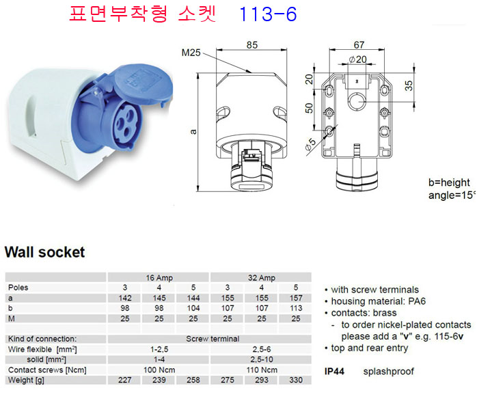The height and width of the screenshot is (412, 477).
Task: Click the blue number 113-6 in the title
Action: click(268, 14)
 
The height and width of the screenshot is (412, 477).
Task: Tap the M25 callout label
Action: click(191, 53)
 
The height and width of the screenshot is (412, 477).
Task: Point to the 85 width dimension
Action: click(252, 45)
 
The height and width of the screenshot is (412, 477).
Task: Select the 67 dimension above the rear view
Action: click(359, 45)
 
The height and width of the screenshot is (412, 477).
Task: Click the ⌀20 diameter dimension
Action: click(358, 59)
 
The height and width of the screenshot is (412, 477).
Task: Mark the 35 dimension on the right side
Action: click(409, 85)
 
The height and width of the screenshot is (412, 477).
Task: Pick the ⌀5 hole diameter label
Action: click(311, 144)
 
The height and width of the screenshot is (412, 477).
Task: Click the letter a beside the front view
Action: click(193, 132)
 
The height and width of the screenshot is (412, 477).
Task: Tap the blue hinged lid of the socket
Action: click(143, 83)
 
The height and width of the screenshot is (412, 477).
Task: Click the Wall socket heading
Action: click(44, 252)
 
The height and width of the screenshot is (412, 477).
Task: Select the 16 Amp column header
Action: click(159, 277)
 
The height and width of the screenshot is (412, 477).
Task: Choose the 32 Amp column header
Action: click(261, 277)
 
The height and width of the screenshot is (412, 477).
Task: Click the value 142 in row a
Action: click(125, 298)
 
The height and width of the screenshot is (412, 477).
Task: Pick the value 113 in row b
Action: click(296, 308)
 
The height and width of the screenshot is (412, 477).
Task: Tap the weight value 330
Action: click(296, 380)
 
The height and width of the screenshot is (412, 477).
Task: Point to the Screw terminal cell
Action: click(213, 339)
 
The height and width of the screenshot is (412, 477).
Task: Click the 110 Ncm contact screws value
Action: click(262, 370)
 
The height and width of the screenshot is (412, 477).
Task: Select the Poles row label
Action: click(18, 288)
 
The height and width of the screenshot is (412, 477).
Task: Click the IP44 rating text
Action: click(334, 371)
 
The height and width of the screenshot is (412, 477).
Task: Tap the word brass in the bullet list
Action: click(385, 313)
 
